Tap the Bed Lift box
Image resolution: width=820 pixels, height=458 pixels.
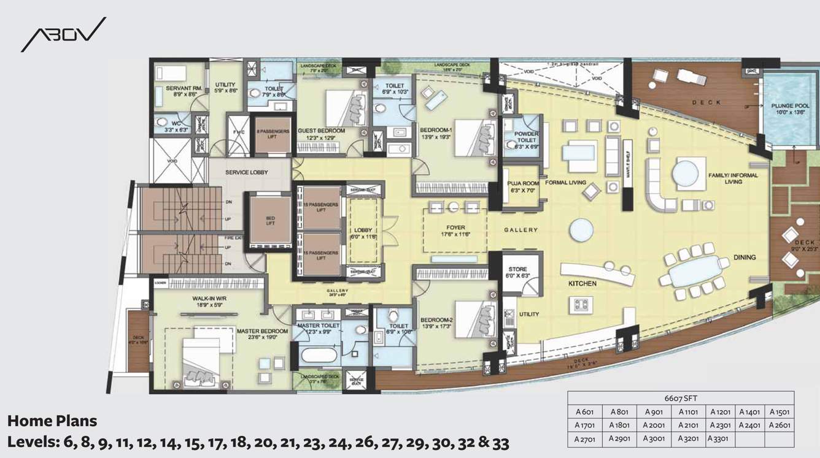coord(270,220)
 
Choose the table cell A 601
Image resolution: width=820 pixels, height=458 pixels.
coord(584,412)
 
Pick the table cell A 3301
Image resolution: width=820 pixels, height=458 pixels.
coord(719,438)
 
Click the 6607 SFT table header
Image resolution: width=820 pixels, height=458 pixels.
coord(680,397)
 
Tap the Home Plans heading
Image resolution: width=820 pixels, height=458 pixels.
coord(52,421)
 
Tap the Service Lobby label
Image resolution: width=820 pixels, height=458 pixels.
coord(246,172)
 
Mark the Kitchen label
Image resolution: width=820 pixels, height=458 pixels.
coord(582,284)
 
